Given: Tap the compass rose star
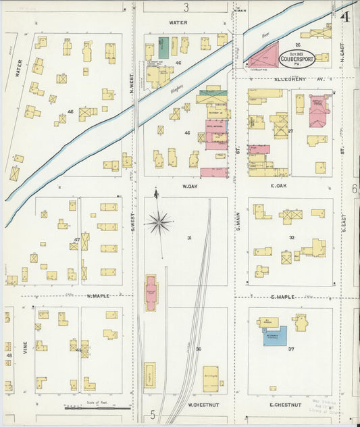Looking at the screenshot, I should [x=159, y=222].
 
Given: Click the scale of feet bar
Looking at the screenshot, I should [x=88, y=407].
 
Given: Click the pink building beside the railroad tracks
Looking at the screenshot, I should [x=151, y=293].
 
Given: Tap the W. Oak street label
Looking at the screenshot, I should [x=188, y=186].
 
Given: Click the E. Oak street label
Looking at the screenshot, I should [x=279, y=186].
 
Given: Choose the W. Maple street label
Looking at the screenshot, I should [x=98, y=296].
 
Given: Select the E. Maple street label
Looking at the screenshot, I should [x=282, y=297].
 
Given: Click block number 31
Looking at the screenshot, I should [x=190, y=238].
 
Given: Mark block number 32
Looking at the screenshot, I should [x=292, y=238].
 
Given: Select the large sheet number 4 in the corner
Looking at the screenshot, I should [x=345, y=16].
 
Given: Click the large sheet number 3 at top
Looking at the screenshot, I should [x=186, y=7].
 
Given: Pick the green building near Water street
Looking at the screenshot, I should [x=163, y=47].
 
